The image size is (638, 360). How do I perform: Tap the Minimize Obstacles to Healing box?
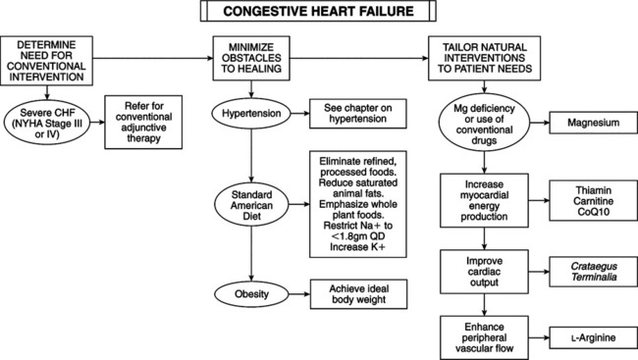pos(253,60)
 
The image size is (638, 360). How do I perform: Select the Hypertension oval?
pos(253,113)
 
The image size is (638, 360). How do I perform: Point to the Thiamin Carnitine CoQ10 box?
pos(587,200)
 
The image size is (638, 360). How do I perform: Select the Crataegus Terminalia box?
pos(587,271)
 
